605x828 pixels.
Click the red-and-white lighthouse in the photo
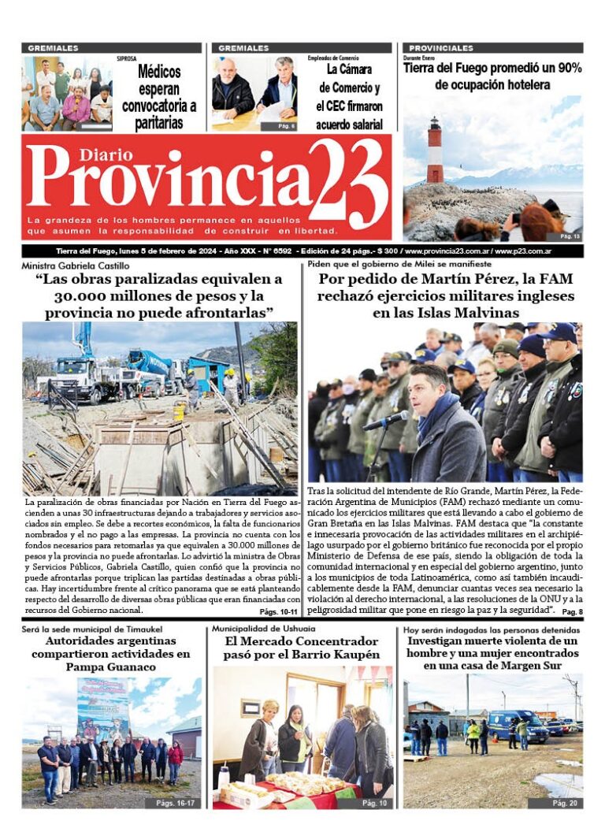(x=434, y=150)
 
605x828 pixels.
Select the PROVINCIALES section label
(x=441, y=48)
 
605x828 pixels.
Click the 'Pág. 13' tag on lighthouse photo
(x=570, y=236)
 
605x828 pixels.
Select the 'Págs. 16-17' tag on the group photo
(x=173, y=802)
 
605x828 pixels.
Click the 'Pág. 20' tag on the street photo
(x=564, y=802)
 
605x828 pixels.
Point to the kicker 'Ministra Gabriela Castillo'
(x=76, y=265)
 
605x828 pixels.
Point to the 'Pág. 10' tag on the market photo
(x=373, y=802)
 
